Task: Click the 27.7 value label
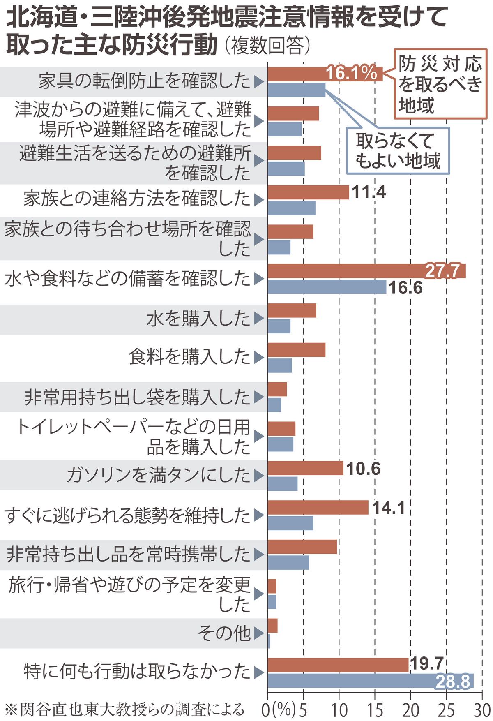click(x=442, y=271)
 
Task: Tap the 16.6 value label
click(x=405, y=288)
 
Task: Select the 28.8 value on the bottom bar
click(x=452, y=682)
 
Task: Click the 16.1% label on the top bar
click(x=351, y=74)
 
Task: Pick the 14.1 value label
click(x=388, y=508)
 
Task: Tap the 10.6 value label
click(x=363, y=469)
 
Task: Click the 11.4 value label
click(x=369, y=192)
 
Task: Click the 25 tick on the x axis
click(x=446, y=710)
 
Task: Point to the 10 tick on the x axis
click(x=339, y=710)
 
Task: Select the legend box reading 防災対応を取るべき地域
click(x=440, y=85)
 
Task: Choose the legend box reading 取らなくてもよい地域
click(x=398, y=151)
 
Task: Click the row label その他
click(x=224, y=633)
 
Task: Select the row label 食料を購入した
click(x=189, y=357)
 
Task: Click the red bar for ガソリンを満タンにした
click(x=305, y=468)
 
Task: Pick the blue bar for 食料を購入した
click(x=279, y=365)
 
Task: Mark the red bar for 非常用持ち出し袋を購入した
click(x=277, y=389)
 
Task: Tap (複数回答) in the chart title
click(x=267, y=46)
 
